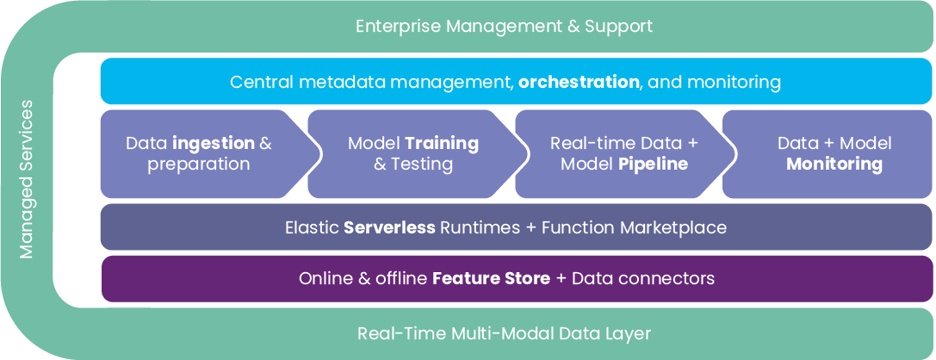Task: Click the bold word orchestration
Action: point(579,83)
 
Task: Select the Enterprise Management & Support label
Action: point(505,26)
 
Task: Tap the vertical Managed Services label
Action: point(27,179)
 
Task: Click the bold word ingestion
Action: point(213,144)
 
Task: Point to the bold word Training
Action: point(442,144)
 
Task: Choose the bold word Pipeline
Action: point(653,164)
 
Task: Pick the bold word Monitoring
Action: point(834,164)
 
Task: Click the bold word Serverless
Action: point(389,228)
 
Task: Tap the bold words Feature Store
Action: point(491,279)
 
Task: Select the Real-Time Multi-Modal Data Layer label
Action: point(505,333)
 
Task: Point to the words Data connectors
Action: point(643,279)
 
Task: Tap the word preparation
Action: point(199,164)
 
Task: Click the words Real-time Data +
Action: point(625,144)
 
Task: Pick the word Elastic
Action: point(311,228)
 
